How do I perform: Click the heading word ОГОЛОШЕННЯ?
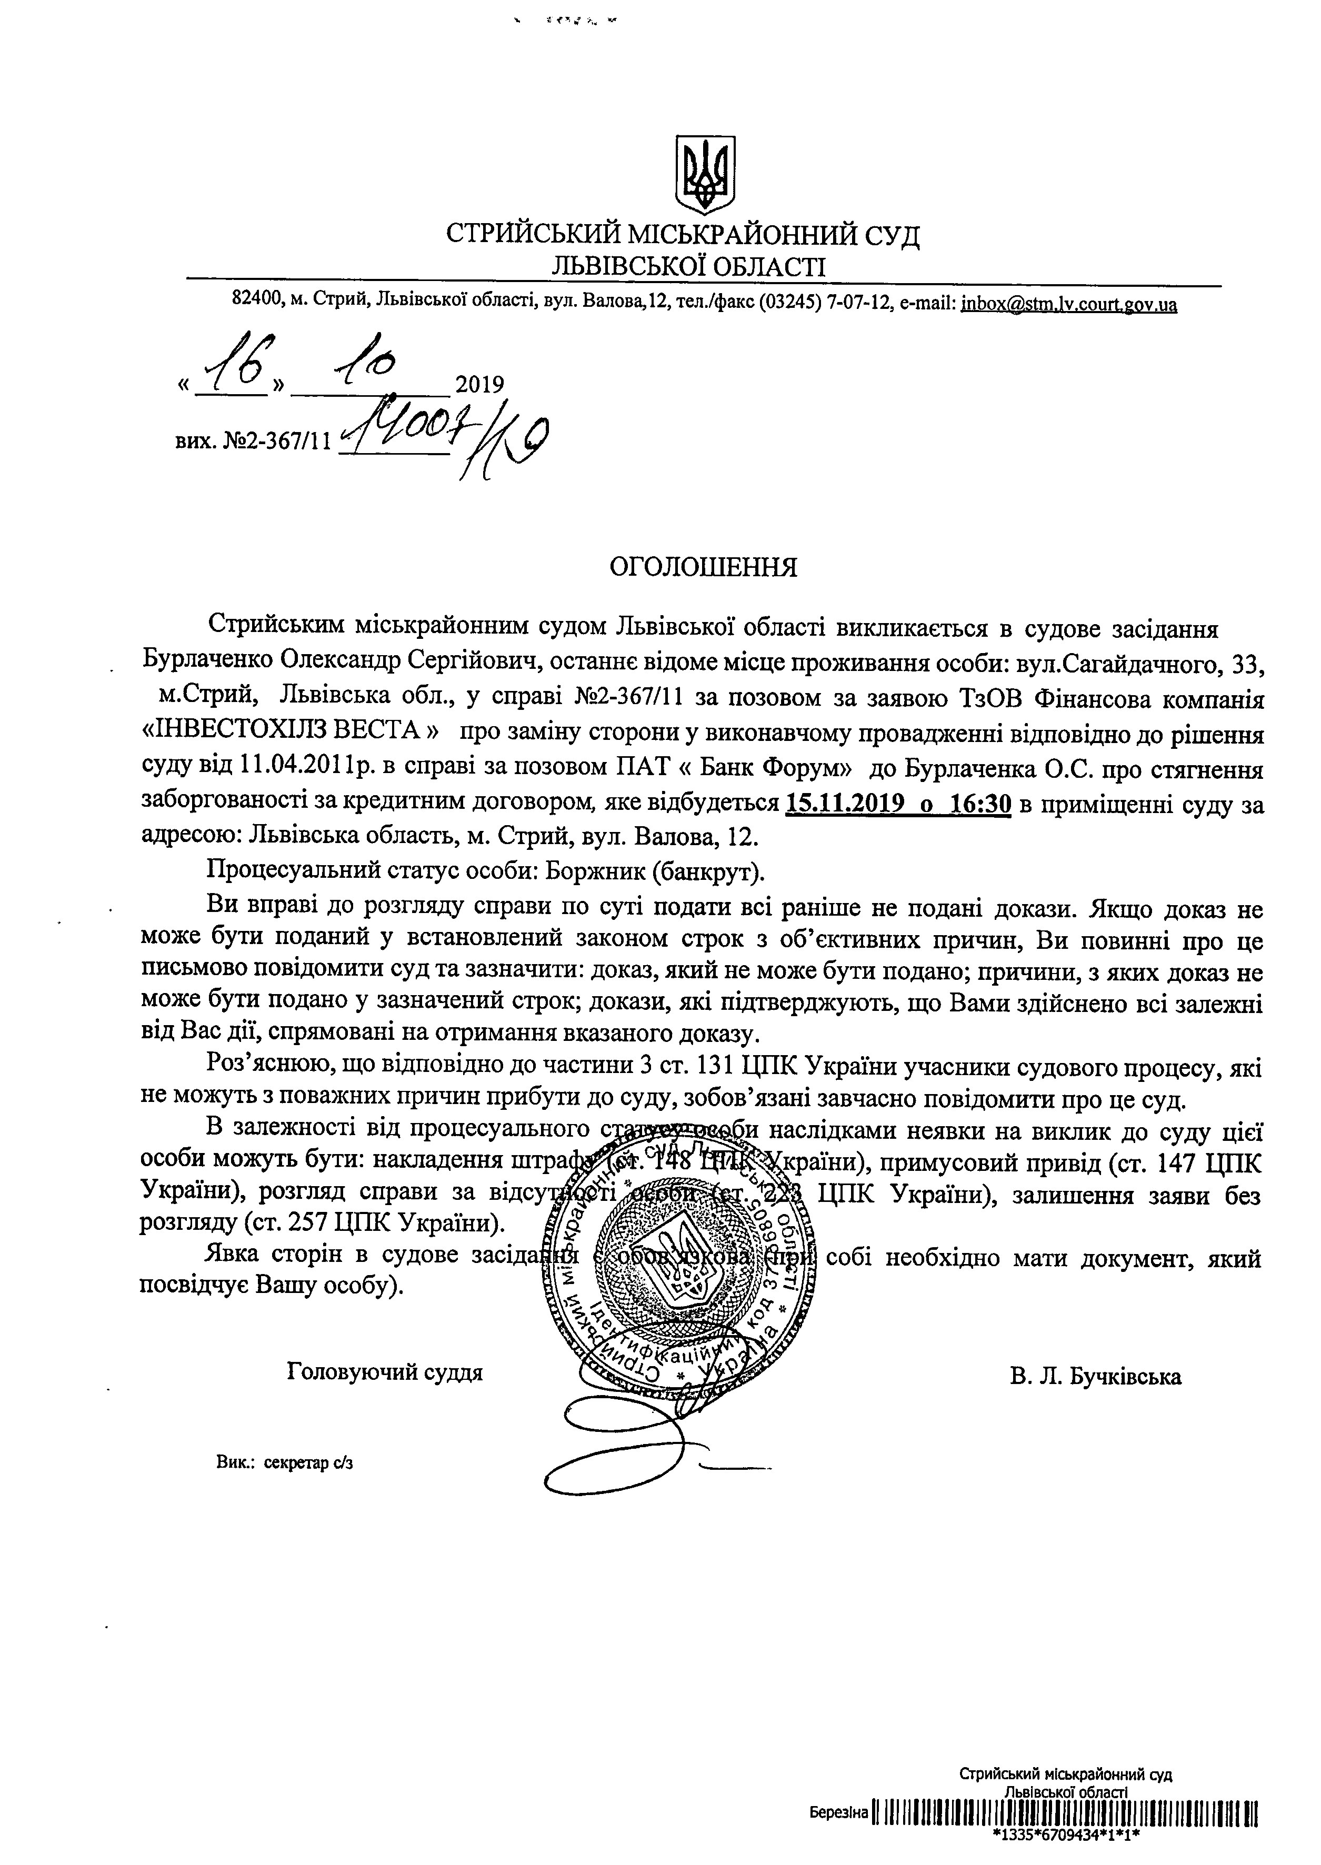704,567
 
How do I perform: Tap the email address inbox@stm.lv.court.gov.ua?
1069,305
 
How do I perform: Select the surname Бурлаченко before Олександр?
207,662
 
